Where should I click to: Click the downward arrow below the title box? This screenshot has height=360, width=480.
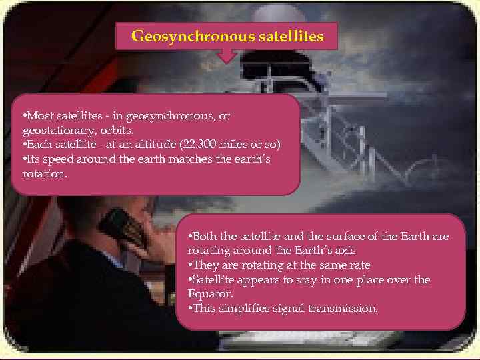coord(228,56)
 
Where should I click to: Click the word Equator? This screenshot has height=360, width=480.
coord(209,294)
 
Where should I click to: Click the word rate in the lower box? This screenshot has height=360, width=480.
coord(357,265)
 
